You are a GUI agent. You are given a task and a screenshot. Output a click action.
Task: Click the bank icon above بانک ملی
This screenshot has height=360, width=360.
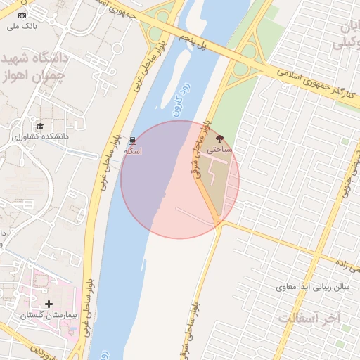click(22, 15)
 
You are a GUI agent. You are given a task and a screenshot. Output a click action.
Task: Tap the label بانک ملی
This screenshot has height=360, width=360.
click(22, 27)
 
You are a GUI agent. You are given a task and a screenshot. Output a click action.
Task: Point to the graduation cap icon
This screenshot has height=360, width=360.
click(41, 125)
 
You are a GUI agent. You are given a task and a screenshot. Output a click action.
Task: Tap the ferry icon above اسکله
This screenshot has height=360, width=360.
click(133, 140)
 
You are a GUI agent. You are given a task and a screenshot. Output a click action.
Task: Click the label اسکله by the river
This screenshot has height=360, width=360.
click(133, 151)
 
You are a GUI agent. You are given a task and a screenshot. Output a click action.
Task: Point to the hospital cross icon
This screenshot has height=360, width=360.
click(48, 304)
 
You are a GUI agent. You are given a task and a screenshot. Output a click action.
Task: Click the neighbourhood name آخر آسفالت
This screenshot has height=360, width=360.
click(308, 318)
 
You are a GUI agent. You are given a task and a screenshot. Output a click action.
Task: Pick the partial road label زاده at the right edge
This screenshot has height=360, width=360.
click(347, 265)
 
